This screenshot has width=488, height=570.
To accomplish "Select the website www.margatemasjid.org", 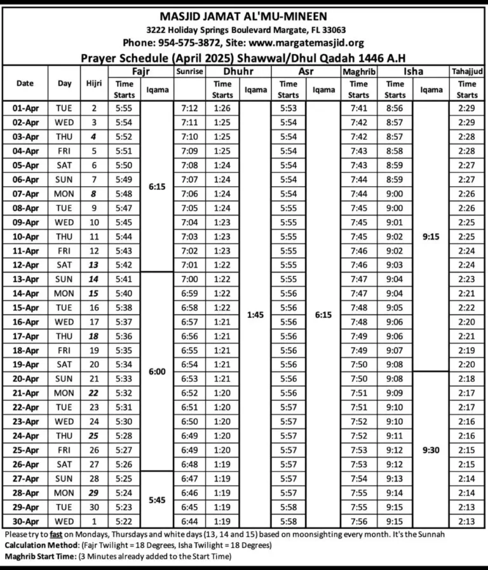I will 311,43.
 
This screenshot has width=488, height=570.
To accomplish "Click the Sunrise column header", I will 189,72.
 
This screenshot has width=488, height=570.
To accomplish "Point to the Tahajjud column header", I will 467,72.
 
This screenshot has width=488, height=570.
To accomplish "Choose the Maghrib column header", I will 358,72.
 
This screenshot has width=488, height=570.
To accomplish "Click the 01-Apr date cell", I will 26,109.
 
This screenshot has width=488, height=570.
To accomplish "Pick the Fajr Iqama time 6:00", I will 157,372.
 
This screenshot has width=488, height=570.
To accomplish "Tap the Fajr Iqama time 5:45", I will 157,500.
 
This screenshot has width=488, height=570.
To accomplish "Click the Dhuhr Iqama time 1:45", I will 255,315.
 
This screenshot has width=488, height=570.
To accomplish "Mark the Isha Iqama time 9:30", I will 431,450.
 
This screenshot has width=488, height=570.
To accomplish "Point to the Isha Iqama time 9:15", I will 431,236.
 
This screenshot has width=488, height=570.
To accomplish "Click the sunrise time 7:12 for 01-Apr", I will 189,109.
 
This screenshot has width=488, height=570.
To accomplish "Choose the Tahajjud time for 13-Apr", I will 467,280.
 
